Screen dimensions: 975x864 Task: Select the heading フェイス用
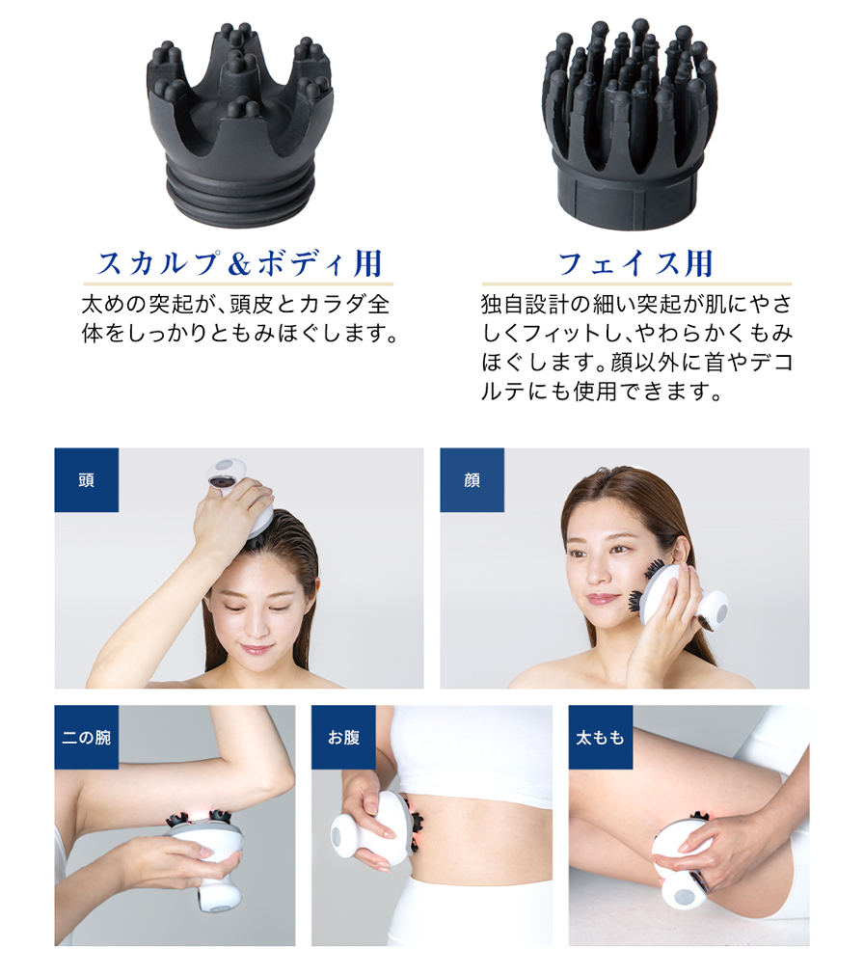tap(634, 262)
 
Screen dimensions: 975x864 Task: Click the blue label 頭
tap(87, 480)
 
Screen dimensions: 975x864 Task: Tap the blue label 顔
tap(472, 480)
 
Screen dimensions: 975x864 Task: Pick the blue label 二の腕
tap(87, 738)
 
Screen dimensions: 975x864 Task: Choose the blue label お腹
tap(343, 738)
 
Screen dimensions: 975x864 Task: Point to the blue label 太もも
tap(601, 738)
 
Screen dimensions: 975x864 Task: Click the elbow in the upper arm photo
tap(275, 772)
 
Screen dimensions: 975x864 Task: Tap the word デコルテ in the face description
tap(762, 365)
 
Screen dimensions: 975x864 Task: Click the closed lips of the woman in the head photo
tap(257, 648)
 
